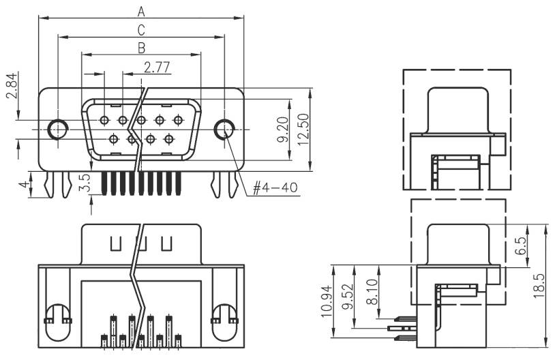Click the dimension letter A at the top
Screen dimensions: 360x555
pyautogui.click(x=141, y=11)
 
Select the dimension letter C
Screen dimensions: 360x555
pyautogui.click(x=141, y=29)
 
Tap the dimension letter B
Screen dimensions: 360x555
pyautogui.click(x=141, y=48)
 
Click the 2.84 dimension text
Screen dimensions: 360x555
pyautogui.click(x=12, y=86)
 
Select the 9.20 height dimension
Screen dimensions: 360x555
pyautogui.click(x=284, y=128)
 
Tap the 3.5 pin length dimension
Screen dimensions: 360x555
pyautogui.click(x=85, y=184)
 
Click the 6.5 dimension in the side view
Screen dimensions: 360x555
pyautogui.click(x=521, y=246)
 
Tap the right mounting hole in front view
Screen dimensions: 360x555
pyautogui.click(x=223, y=129)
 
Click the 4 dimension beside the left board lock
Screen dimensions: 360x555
pyautogui.click(x=22, y=185)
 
